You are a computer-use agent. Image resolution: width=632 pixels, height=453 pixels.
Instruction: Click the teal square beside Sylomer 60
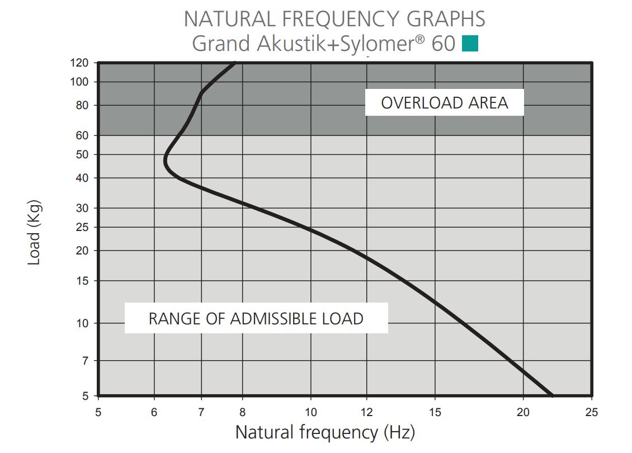click(470, 44)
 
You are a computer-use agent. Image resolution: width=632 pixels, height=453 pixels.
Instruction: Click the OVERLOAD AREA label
click(445, 103)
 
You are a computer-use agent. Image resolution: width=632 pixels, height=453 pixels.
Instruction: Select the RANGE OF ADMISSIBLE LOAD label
click(256, 319)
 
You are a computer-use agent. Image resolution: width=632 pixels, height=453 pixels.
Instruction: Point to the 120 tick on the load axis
click(79, 63)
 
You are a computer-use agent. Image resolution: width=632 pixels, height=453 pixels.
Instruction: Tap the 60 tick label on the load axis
click(82, 135)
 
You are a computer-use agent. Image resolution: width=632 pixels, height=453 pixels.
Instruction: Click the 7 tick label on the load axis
click(85, 361)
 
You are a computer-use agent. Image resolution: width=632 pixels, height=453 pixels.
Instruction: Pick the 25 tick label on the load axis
click(82, 227)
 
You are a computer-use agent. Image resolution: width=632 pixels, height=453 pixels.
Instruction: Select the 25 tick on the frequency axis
click(592, 412)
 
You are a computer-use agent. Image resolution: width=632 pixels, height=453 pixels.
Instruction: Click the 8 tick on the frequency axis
click(242, 412)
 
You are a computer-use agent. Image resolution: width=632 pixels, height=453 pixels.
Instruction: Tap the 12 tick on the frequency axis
click(367, 412)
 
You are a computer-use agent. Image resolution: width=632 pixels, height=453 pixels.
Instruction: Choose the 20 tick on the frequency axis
click(523, 412)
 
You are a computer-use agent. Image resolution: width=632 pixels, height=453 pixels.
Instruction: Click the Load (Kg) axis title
click(34, 233)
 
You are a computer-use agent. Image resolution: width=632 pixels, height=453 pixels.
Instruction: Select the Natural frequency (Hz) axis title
click(325, 432)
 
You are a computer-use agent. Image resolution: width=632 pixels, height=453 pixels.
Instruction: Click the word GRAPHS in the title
click(446, 19)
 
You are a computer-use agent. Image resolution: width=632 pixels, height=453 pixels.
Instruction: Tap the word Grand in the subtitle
click(221, 44)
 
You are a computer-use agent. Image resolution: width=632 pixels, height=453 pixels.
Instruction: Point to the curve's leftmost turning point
click(165, 161)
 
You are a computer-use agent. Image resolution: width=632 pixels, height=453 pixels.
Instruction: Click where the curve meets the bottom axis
click(552, 395)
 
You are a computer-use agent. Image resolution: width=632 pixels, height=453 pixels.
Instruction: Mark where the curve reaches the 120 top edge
click(235, 63)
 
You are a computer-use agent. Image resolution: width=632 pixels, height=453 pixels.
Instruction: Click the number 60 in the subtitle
click(444, 44)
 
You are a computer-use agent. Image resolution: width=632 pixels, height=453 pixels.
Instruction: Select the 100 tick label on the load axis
click(79, 82)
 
